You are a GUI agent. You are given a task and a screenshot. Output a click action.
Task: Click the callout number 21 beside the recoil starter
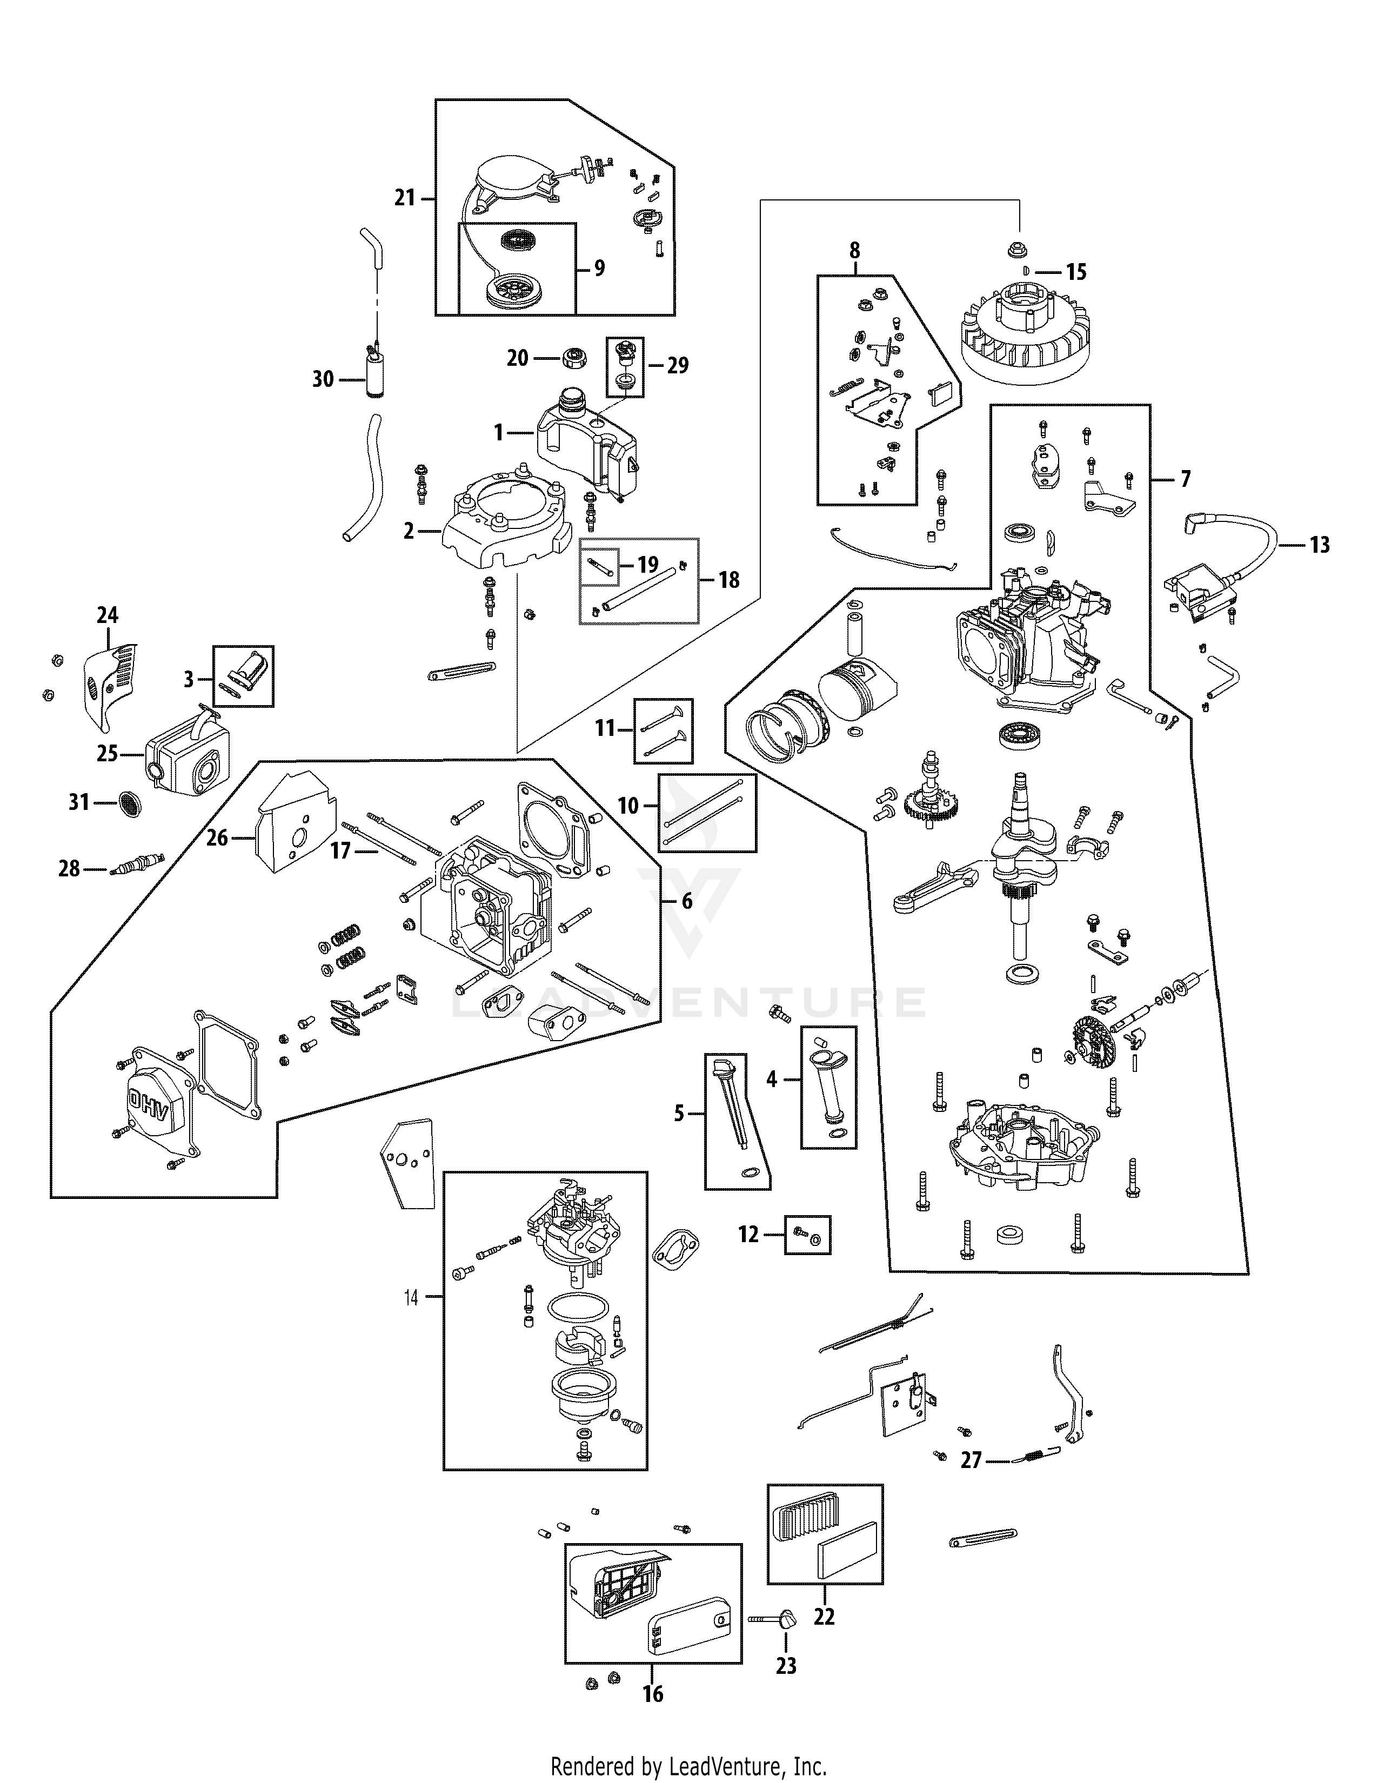(x=405, y=198)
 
